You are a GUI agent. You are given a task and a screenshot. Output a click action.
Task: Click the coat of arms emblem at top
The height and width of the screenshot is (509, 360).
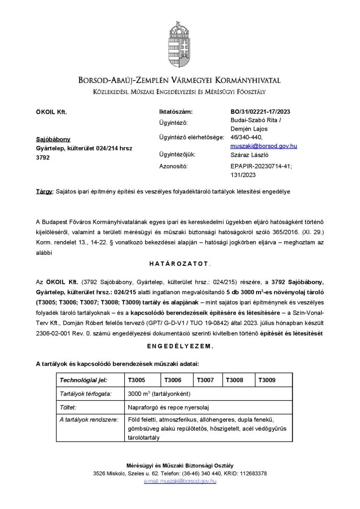(x=180, y=42)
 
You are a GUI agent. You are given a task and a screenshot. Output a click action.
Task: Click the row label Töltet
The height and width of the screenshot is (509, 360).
(x=68, y=407)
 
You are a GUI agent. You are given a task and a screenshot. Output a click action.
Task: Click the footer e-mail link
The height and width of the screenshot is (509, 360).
(x=180, y=481)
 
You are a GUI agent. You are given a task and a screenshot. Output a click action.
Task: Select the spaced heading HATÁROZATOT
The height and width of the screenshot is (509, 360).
(x=180, y=262)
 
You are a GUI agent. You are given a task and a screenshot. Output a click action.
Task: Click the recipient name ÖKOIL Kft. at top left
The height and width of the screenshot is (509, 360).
(x=51, y=112)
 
